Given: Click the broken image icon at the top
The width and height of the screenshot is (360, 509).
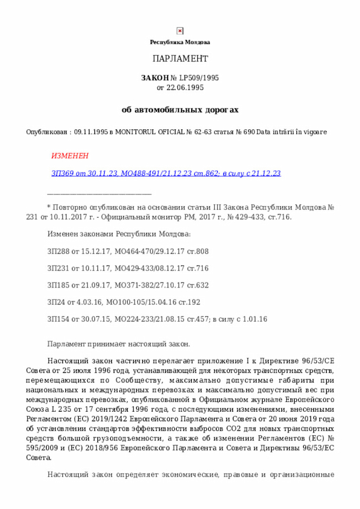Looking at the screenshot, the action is pos(180,31).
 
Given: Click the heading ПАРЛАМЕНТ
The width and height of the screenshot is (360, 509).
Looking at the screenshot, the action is pos(180,59).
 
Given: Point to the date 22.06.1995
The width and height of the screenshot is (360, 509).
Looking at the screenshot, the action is pos(186,88).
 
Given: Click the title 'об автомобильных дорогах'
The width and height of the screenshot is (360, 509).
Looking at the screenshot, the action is pos(180,110).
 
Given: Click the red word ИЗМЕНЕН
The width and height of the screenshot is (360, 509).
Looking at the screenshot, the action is pos(70,155).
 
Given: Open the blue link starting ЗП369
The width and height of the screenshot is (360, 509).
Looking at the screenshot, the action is pos(166,174).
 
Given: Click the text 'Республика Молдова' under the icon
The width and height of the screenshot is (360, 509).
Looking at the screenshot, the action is pos(180,42).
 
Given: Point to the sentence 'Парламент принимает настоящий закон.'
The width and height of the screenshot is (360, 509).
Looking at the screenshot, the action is pos(119,344).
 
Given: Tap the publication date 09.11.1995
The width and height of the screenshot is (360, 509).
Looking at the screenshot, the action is pos(91,132).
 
